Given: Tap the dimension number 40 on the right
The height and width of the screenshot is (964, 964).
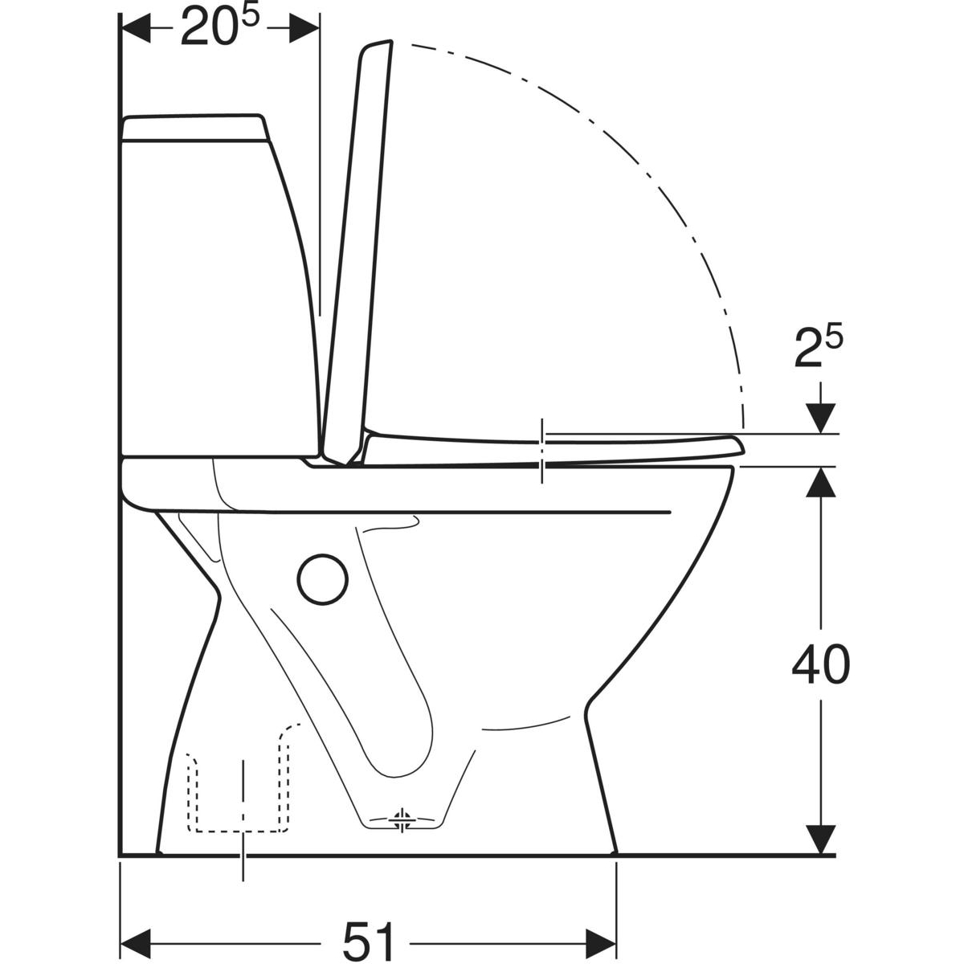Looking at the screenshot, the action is (x=821, y=665).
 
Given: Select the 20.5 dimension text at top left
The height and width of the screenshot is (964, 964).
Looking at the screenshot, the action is (x=220, y=26).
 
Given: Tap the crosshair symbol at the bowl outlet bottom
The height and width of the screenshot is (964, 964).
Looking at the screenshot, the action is (x=402, y=819).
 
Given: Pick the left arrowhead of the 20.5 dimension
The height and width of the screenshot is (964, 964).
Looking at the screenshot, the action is (x=136, y=28).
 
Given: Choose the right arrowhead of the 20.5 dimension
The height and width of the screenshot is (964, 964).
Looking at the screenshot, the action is (x=304, y=28).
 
